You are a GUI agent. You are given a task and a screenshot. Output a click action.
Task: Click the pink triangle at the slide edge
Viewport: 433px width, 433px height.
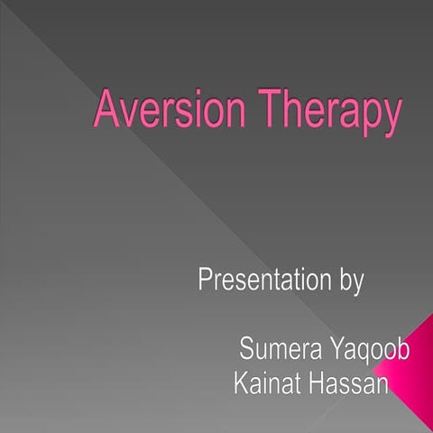coord(415,361)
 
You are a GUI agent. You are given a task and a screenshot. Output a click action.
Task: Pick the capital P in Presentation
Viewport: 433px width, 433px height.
coord(205,280)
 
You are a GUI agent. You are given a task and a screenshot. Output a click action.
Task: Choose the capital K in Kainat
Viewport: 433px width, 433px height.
coord(239,384)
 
